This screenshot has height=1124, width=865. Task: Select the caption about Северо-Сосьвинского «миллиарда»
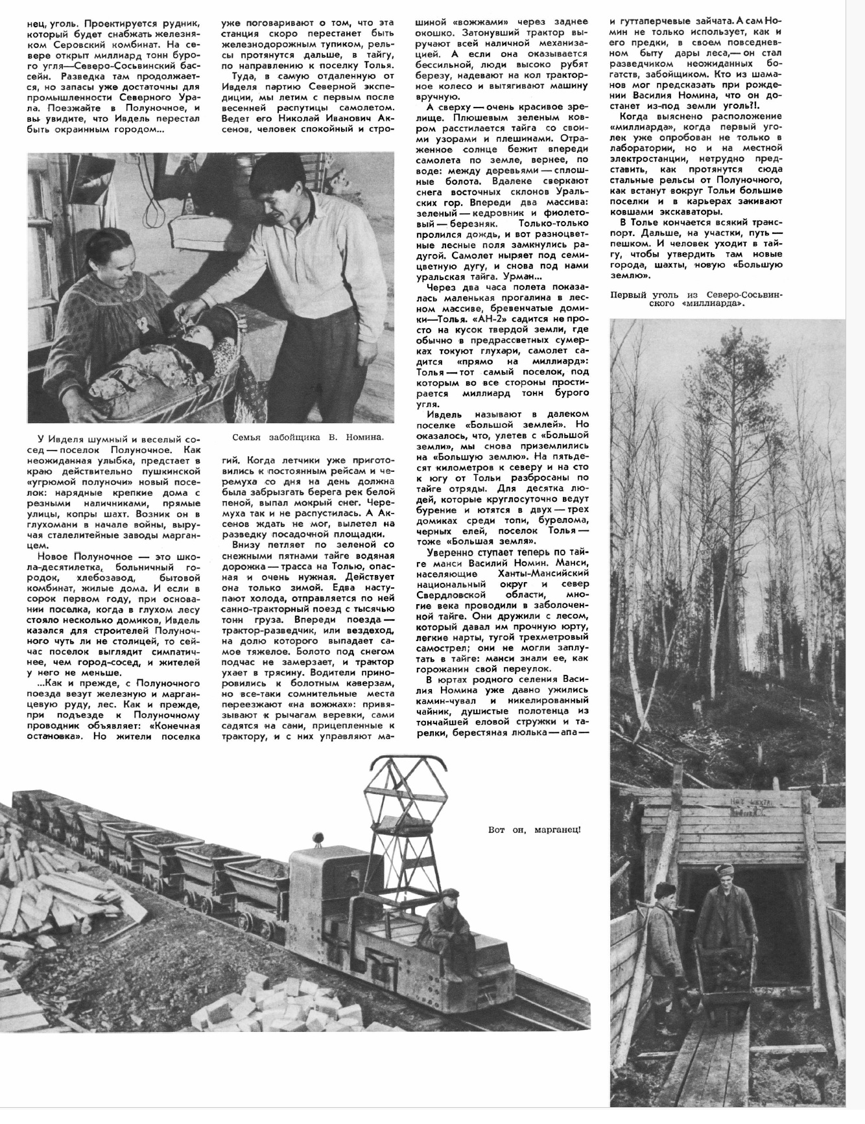point(698,299)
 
